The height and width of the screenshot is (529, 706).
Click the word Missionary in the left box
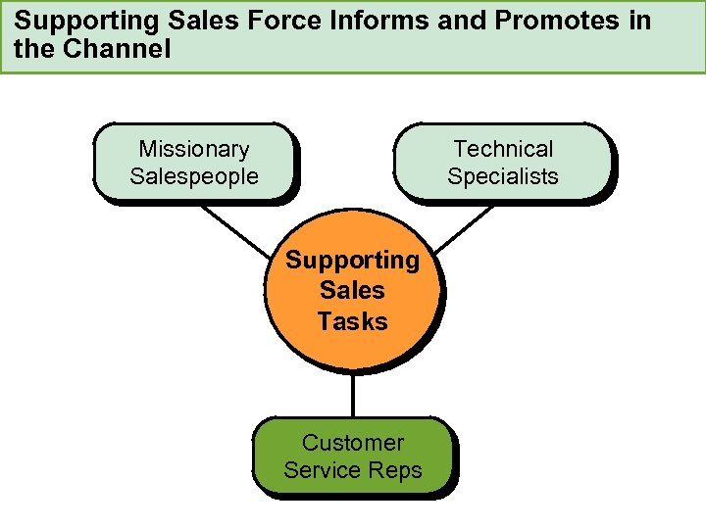click(194, 149)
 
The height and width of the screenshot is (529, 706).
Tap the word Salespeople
click(194, 176)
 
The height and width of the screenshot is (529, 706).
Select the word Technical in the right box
click(503, 149)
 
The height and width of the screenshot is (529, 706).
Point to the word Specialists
click(503, 176)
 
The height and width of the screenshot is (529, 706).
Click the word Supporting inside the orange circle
click(352, 261)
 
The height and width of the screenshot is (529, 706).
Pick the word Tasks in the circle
click(352, 321)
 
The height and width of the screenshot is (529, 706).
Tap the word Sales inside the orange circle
click(352, 291)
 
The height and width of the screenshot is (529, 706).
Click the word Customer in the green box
click(353, 443)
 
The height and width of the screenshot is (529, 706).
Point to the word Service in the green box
click(322, 470)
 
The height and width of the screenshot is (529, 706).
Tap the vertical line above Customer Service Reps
click(353, 397)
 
